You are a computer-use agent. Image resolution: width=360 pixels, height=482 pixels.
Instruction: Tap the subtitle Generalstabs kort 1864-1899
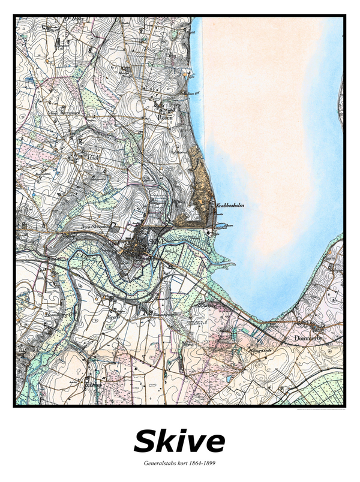pos(179,463)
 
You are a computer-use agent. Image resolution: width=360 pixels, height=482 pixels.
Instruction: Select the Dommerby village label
pos(309,338)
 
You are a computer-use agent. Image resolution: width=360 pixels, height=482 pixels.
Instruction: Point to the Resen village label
pos(165,118)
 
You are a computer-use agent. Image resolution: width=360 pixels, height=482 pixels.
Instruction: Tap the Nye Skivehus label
pos(93,228)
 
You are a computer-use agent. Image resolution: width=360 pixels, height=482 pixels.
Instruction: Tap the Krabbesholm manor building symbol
pos(212,206)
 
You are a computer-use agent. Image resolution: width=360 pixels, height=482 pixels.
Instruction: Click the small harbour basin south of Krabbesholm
pos(218,228)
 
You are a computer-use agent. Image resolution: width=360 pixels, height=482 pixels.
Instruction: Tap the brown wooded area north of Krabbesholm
pos(200,174)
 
